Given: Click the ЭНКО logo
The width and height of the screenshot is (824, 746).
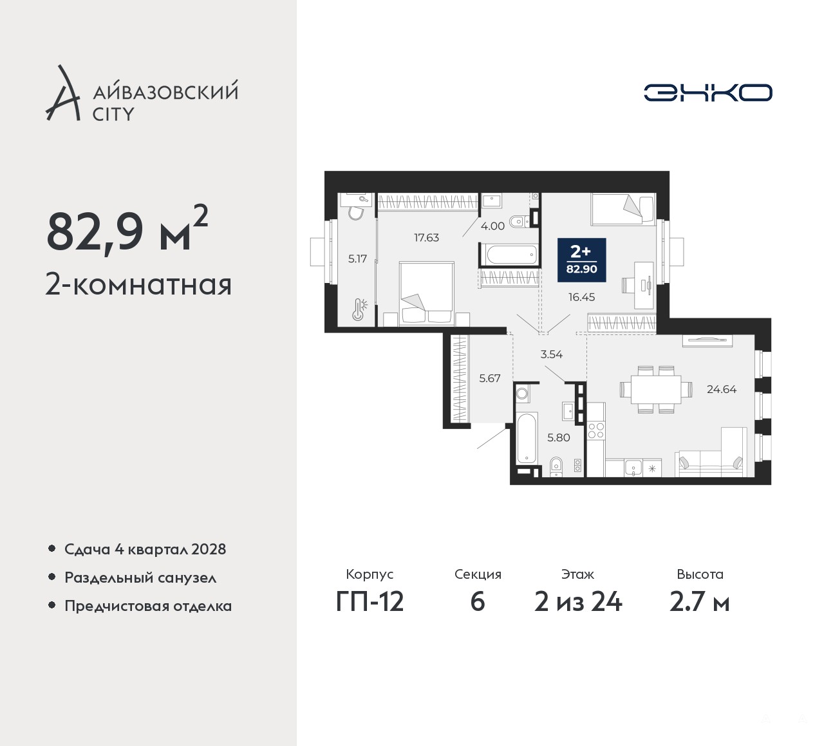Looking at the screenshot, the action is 707,93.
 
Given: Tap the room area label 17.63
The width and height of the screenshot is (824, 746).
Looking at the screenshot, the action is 426,237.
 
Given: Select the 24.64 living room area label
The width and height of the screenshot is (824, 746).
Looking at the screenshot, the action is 722,390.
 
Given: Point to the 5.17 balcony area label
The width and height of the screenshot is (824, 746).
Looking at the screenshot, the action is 357,259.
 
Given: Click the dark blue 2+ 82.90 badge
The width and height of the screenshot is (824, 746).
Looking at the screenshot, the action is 582,260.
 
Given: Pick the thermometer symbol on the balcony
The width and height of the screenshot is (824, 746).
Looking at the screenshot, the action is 359,309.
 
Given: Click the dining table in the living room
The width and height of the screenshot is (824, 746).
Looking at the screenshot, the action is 655,389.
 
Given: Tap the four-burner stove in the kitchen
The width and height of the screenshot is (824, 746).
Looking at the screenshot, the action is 596,430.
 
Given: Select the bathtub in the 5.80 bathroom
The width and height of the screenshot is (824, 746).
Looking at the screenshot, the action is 526,438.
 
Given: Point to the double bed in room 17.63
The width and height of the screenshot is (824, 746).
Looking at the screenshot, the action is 427,294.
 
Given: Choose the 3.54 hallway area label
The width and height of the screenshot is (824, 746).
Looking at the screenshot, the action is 551,354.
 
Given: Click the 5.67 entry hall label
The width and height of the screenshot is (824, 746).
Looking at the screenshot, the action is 490,378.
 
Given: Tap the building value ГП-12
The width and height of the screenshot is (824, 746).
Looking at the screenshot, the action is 370,603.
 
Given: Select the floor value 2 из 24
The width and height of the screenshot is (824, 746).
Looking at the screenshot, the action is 578,603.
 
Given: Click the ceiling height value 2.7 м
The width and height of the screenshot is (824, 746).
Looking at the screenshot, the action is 700,603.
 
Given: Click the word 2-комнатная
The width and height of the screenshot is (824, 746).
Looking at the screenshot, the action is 139,286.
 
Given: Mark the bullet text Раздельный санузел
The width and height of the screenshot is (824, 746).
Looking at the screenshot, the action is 140,578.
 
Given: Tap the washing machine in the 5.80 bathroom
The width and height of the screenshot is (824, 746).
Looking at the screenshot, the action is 522,394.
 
